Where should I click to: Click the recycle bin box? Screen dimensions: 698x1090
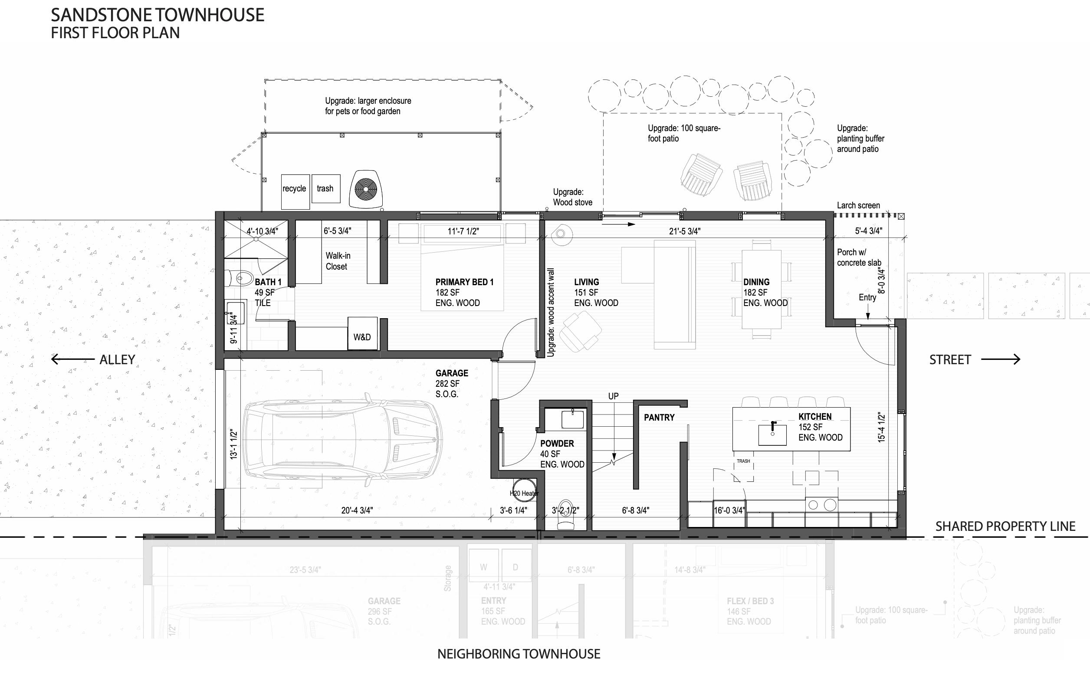tap(295, 192)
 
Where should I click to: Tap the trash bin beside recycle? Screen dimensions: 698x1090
tap(325, 188)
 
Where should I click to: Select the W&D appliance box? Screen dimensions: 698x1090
tap(362, 333)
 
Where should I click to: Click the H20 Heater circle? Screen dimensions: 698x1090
tap(524, 491)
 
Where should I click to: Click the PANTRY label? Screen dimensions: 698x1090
tap(659, 418)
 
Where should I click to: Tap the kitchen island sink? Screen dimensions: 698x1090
tap(772, 434)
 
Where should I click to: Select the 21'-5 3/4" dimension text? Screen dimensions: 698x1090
tap(685, 231)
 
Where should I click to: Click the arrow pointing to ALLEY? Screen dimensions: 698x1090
tap(72, 359)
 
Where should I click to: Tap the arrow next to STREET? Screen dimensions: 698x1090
tap(1000, 359)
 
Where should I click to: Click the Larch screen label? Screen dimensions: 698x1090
tap(858, 205)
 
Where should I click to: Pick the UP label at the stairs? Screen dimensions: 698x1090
tap(613, 396)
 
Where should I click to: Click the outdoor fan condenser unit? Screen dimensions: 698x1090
tap(366, 188)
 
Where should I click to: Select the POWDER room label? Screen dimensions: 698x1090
tap(557, 444)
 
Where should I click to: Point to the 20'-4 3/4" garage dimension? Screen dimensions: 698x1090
tap(357, 510)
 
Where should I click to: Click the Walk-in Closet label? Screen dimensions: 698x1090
tap(338, 261)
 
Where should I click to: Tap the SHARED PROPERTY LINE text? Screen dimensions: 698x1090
tap(1005, 526)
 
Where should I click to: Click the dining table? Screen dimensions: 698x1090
tap(761, 290)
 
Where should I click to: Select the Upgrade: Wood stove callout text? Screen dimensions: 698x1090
tap(572, 197)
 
